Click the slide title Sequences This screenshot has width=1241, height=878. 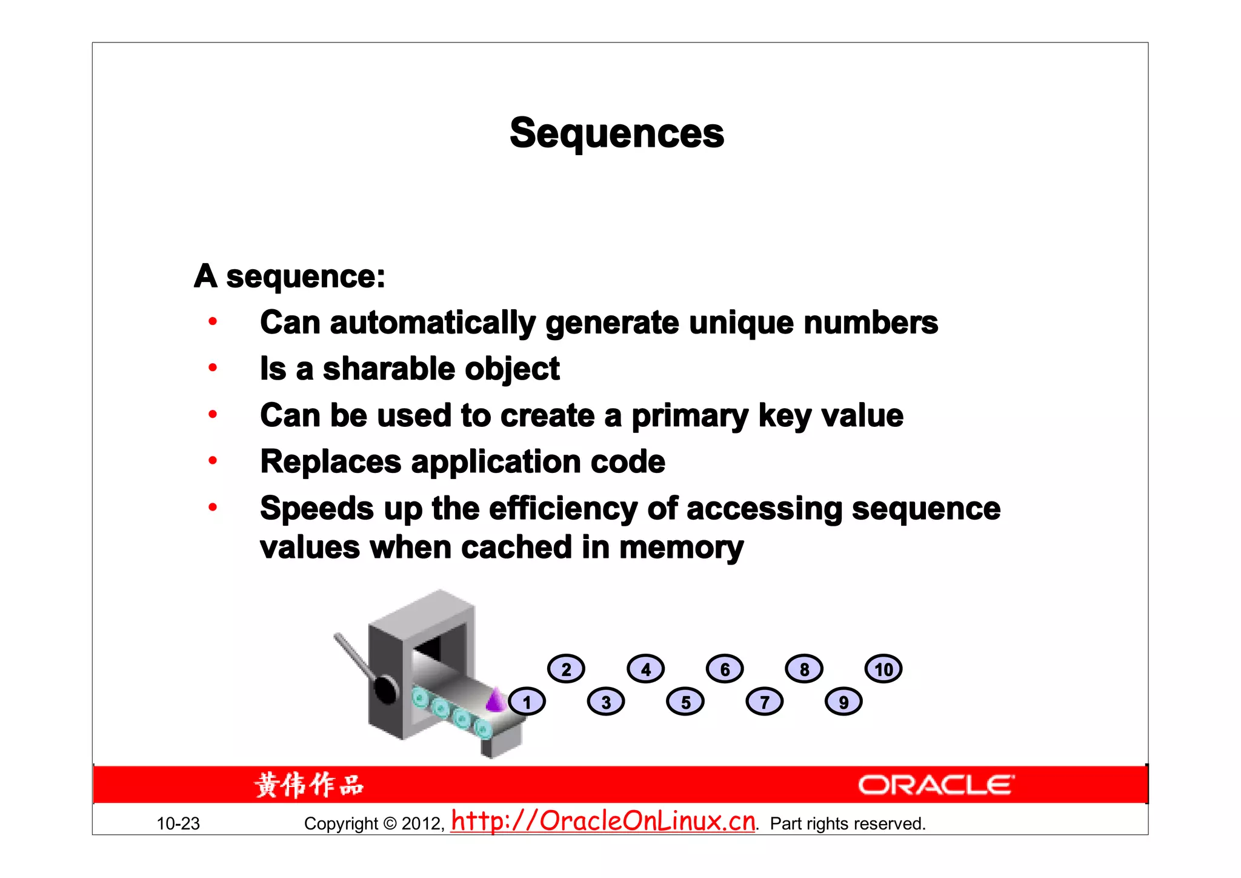pyautogui.click(x=617, y=133)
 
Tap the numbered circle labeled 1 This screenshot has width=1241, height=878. pyautogui.click(x=527, y=702)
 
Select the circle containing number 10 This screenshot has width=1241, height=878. pyautogui.click(x=883, y=669)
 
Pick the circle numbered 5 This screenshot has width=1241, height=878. pyautogui.click(x=685, y=702)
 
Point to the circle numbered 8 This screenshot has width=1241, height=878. pyautogui.click(x=804, y=669)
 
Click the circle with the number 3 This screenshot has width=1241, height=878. pyautogui.click(x=606, y=702)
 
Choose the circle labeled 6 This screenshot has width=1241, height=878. pyautogui.click(x=725, y=669)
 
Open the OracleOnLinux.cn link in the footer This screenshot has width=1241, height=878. pyautogui.click(x=604, y=822)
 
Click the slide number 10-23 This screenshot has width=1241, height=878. pyautogui.click(x=178, y=823)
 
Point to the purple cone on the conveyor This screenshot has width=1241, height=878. pyautogui.click(x=496, y=700)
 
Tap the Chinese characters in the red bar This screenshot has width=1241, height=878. pyautogui.click(x=309, y=785)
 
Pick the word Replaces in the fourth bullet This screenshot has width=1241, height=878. pyautogui.click(x=330, y=462)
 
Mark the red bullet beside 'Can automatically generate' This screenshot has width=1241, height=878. pyautogui.click(x=213, y=321)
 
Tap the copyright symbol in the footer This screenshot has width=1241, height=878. pyautogui.click(x=390, y=823)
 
